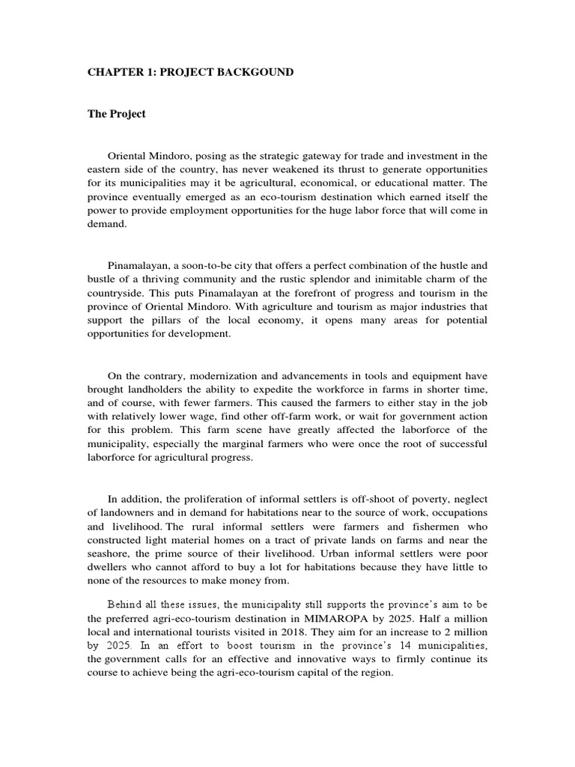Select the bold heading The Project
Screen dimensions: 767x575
117,114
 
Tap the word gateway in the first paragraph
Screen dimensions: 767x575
309,156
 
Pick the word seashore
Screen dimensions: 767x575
112,553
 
